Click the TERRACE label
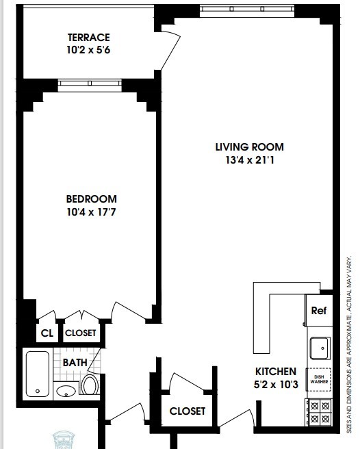click(x=89, y=37)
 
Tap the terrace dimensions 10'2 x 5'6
click(x=89, y=49)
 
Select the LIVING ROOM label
click(x=249, y=147)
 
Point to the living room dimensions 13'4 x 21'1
click(x=249, y=161)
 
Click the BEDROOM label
click(x=91, y=199)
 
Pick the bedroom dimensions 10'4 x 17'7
click(x=91, y=212)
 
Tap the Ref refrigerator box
click(x=319, y=310)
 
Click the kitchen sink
click(x=319, y=348)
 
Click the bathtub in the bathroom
click(x=37, y=374)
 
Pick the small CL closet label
click(x=47, y=333)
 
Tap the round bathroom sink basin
click(x=66, y=392)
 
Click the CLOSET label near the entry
click(x=188, y=411)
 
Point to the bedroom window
click(x=90, y=85)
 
